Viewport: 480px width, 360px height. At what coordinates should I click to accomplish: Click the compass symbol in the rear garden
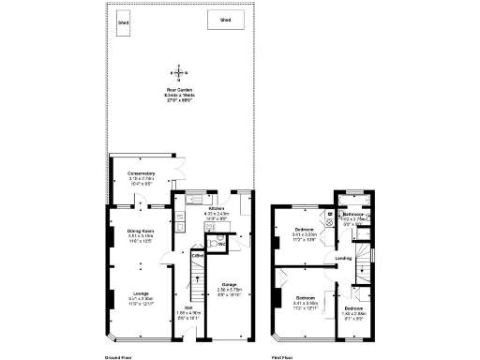[177, 72]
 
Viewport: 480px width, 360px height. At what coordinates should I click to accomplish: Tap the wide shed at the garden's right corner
[225, 19]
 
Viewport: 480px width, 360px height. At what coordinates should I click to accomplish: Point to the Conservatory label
[130, 173]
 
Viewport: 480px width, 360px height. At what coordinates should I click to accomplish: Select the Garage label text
[230, 285]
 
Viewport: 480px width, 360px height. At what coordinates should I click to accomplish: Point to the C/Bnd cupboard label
[198, 255]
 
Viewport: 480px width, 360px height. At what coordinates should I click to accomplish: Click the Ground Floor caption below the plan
[118, 357]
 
